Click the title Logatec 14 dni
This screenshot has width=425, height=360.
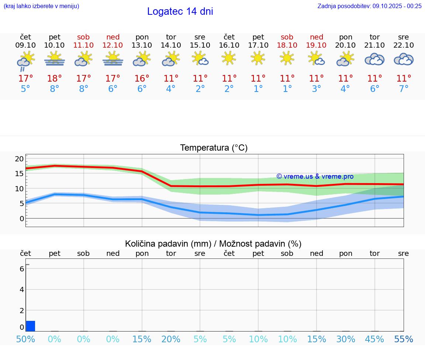coord(180,11)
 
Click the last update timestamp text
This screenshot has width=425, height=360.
coord(369,6)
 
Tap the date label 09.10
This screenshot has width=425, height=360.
coord(25,45)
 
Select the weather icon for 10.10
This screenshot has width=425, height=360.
coord(55,59)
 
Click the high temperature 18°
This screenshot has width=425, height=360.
coord(55,78)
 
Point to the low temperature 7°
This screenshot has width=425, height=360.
coord(404,89)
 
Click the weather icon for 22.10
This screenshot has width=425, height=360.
coord(404,59)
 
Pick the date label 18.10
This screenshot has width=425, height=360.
coord(287,45)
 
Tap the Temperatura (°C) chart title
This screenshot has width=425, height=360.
coord(214,148)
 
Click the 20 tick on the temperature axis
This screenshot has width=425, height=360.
coord(19,159)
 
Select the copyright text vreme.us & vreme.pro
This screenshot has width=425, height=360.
coord(315,176)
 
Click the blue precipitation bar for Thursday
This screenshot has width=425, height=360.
coord(31,326)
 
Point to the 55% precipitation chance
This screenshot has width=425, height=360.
coord(404,339)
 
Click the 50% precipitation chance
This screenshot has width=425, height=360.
coord(25,339)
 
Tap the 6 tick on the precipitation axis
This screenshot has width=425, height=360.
coord(22,269)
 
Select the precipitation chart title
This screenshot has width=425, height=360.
coord(213,244)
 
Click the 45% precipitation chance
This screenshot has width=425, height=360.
coord(374,339)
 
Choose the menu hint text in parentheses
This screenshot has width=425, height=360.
coord(41,6)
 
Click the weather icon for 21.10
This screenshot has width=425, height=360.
coord(374,59)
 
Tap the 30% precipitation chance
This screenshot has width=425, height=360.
coord(346,339)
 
